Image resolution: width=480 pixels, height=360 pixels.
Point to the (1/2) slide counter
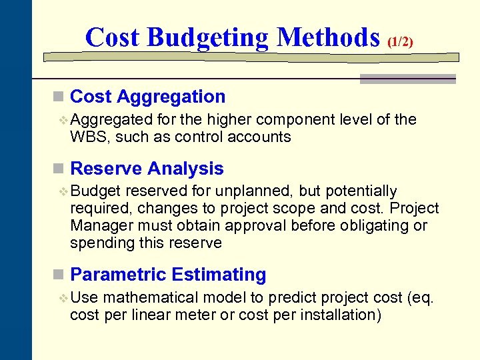tap(400, 41)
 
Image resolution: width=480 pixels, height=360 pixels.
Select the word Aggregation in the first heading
tap(171, 97)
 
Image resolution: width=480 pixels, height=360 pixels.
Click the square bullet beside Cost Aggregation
tap(58, 97)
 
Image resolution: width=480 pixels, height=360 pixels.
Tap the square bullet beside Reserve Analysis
tap(58, 169)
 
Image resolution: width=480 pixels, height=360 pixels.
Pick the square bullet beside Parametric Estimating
tap(58, 275)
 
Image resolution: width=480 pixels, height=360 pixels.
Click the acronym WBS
tap(86, 137)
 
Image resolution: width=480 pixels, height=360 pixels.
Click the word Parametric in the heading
tap(118, 275)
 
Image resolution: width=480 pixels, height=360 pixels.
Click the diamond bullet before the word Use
tap(63, 298)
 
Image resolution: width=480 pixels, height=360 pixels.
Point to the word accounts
tap(260, 137)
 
